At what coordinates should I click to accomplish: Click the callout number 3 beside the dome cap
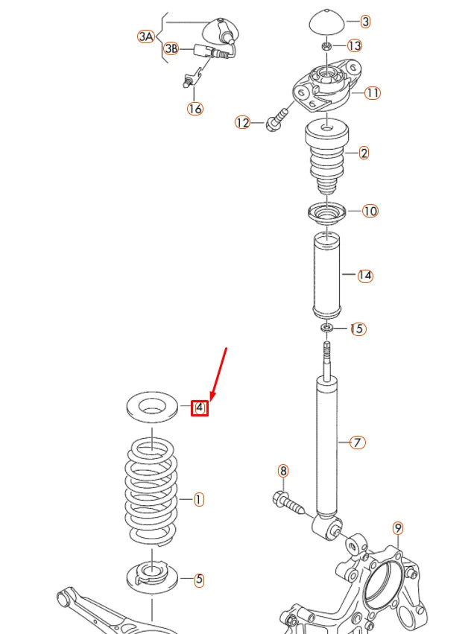click(365, 22)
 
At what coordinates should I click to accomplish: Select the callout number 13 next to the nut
click(354, 46)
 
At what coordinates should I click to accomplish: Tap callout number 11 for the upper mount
click(373, 93)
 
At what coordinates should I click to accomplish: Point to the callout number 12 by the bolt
click(242, 122)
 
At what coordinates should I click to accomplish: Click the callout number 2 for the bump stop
click(364, 153)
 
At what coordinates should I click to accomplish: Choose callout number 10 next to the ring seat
click(370, 211)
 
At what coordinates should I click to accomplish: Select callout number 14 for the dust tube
click(364, 276)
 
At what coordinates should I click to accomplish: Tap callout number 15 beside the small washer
click(358, 329)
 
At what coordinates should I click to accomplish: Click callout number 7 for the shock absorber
click(358, 443)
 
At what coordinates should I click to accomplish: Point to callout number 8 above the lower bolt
click(282, 470)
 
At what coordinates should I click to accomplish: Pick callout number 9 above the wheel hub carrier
click(398, 528)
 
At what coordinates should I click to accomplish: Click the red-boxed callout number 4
click(199, 408)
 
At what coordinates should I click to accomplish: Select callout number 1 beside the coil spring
click(198, 499)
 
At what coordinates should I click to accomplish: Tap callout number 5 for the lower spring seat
click(199, 579)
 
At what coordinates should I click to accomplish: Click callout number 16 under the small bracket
click(195, 109)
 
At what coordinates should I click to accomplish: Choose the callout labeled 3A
click(146, 35)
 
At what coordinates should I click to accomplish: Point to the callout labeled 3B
click(171, 49)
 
